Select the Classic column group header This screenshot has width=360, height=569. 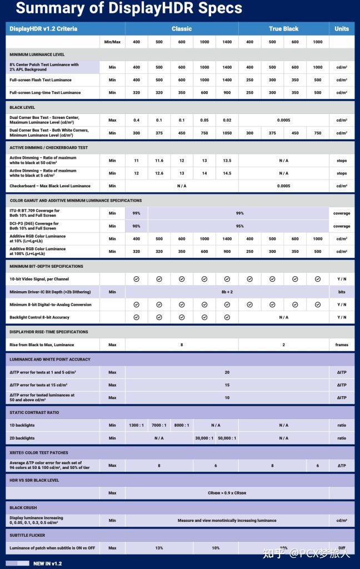point(182,29)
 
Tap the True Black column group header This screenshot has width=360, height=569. point(283,29)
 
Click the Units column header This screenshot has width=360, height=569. point(342,29)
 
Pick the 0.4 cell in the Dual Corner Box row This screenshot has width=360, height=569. point(136,120)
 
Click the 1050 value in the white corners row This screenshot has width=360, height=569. point(227,133)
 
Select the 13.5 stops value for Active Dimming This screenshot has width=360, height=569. point(227,161)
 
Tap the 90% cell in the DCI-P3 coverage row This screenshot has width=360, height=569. point(136,226)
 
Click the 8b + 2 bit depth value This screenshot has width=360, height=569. point(227,292)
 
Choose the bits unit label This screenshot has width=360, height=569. point(342,292)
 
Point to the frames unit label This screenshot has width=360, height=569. point(342,345)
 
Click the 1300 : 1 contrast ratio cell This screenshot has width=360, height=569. point(136,425)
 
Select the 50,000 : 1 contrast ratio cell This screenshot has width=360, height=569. point(227,438)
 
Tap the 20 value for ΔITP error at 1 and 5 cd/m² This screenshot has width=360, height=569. point(227,372)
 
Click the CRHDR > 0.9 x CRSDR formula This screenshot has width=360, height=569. point(227,493)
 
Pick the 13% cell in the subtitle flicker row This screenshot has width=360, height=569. point(159,548)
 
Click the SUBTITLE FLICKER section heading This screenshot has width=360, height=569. point(27,535)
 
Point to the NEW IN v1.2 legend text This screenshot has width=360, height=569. point(47,563)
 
